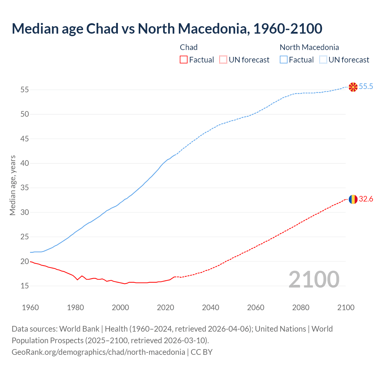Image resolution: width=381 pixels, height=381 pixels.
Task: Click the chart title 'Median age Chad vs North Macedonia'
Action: click(x=167, y=29)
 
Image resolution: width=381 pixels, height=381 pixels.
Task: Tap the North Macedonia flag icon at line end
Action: click(x=353, y=87)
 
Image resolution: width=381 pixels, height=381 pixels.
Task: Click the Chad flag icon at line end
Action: click(x=353, y=199)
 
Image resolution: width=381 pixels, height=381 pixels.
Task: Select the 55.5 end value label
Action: click(x=366, y=87)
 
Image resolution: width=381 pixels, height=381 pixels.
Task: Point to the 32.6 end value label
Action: click(x=366, y=199)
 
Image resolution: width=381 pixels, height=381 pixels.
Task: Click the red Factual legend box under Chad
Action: click(x=184, y=60)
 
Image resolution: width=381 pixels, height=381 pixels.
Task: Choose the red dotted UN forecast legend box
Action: click(x=223, y=60)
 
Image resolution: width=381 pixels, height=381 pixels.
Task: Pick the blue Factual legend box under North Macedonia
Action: click(x=284, y=60)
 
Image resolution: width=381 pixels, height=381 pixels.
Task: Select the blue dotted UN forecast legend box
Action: click(x=323, y=60)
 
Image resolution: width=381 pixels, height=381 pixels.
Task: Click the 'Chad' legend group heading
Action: click(x=189, y=47)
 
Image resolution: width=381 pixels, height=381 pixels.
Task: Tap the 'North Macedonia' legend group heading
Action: click(x=309, y=47)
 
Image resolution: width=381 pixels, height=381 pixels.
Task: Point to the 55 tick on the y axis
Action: click(x=24, y=90)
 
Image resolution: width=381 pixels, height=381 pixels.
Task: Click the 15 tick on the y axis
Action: click(x=24, y=286)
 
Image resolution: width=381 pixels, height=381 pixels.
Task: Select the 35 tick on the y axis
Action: click(x=24, y=188)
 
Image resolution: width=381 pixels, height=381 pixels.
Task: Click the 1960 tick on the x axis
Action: click(x=30, y=307)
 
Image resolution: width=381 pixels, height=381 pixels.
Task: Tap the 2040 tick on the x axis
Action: click(x=210, y=307)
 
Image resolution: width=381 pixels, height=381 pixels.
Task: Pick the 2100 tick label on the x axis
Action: click(x=346, y=307)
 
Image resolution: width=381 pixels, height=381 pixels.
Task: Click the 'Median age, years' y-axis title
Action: click(x=13, y=185)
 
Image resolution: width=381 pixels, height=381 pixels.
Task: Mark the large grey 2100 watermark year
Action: click(x=314, y=279)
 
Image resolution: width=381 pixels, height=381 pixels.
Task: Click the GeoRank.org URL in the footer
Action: click(x=98, y=352)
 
